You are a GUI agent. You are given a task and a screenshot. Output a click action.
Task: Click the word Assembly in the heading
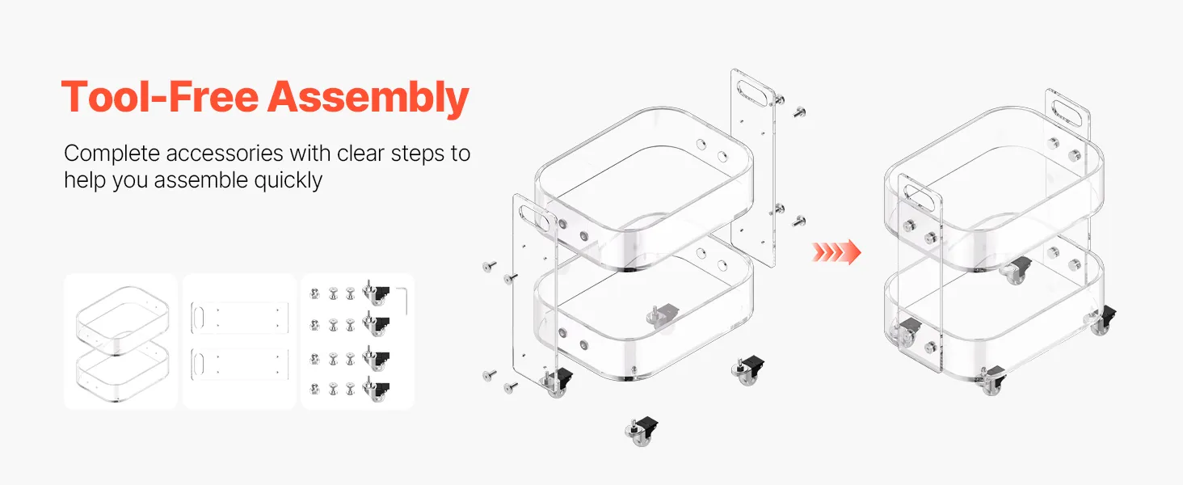(368, 98)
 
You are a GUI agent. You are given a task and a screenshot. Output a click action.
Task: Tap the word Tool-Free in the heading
(160, 97)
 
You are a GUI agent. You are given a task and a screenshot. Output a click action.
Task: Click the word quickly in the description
(288, 181)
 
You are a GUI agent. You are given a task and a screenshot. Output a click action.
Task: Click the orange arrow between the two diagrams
(836, 251)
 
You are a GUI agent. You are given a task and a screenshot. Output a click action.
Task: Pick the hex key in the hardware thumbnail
(403, 298)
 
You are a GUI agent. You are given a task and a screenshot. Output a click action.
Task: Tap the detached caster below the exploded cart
(642, 432)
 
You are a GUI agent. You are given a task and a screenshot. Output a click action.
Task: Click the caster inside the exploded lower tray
(663, 318)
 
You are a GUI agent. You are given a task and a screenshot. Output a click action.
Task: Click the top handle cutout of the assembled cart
(1067, 112)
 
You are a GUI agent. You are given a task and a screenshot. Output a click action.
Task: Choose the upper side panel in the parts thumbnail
(240, 318)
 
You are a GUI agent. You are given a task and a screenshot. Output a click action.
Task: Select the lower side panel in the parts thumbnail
(240, 364)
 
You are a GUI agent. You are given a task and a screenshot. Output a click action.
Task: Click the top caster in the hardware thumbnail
(376, 293)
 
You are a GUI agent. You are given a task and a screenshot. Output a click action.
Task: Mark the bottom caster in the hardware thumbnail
(376, 390)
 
